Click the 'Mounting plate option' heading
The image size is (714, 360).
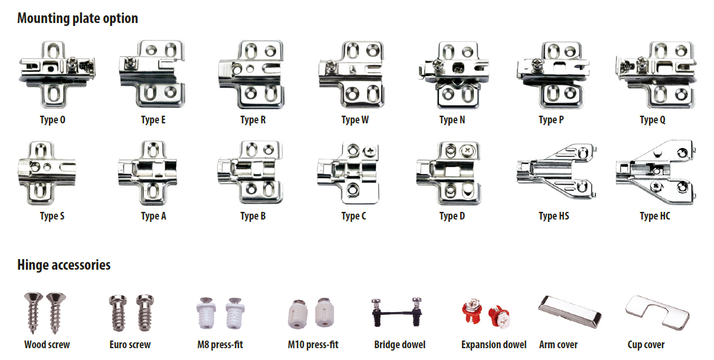77,18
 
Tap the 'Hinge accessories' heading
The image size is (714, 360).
64,265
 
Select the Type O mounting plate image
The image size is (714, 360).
57,74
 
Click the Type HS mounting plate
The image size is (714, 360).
557,171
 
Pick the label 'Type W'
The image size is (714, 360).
355,120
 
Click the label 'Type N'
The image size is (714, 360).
452,120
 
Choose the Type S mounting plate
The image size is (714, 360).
47,172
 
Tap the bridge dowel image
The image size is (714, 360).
397,312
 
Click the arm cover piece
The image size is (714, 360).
569,312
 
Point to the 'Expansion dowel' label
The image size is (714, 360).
494,345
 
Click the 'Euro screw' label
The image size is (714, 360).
130,345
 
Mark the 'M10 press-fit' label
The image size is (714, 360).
313,345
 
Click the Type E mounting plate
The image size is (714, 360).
152,74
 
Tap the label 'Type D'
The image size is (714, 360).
452,216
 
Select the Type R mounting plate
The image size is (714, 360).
251,74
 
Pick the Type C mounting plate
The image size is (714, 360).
348,172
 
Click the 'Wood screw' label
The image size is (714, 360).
47,345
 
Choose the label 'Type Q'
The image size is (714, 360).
653,120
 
